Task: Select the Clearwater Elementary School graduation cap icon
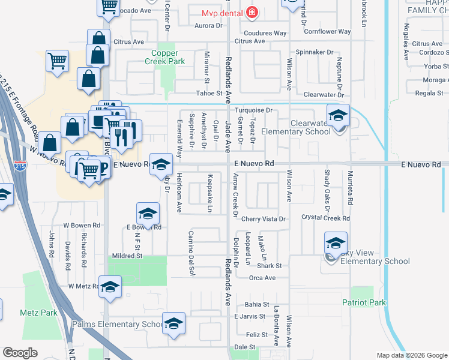[338, 116]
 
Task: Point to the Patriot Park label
[364, 302]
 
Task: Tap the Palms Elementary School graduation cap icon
[173, 324]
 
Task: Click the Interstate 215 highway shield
[21, 167]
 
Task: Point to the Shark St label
[270, 265]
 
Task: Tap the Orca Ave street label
[262, 278]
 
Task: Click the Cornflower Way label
[327, 31]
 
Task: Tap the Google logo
[20, 353]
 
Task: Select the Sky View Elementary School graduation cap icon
[336, 243]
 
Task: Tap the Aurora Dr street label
[209, 26]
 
